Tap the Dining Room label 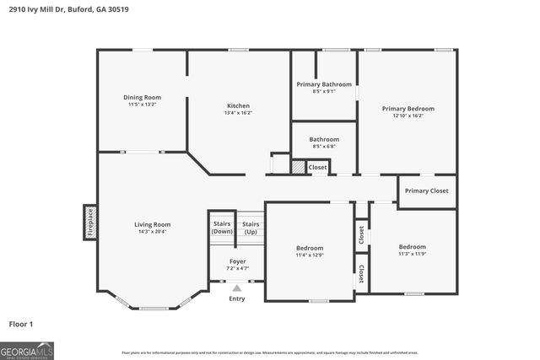(142, 98)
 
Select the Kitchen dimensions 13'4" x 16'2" (238, 113)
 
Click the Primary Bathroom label (324, 84)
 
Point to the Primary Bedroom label (408, 109)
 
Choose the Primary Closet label (426, 191)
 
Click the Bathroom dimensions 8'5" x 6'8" (324, 147)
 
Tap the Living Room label (153, 224)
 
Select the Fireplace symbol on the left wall (90, 223)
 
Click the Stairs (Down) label (221, 227)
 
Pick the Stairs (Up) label (251, 227)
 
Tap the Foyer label (237, 261)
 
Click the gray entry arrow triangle (237, 288)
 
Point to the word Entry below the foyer (237, 298)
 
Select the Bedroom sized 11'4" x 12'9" (310, 250)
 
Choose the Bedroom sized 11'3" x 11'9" (413, 250)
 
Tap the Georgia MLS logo (27, 350)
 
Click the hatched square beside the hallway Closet (298, 167)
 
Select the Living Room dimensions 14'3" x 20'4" (153, 232)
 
